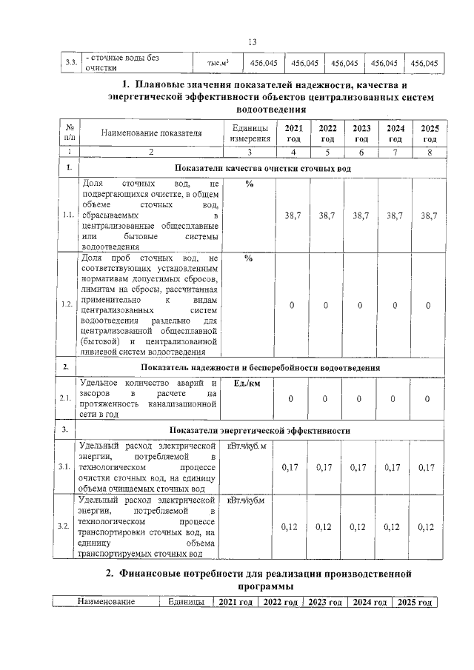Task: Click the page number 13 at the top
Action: click(x=252, y=41)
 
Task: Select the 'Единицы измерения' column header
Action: click(x=249, y=133)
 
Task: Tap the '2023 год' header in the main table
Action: click(x=361, y=133)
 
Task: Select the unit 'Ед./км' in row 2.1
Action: click(x=248, y=383)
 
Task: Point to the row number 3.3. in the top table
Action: click(x=71, y=63)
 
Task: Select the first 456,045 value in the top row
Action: click(x=264, y=63)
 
